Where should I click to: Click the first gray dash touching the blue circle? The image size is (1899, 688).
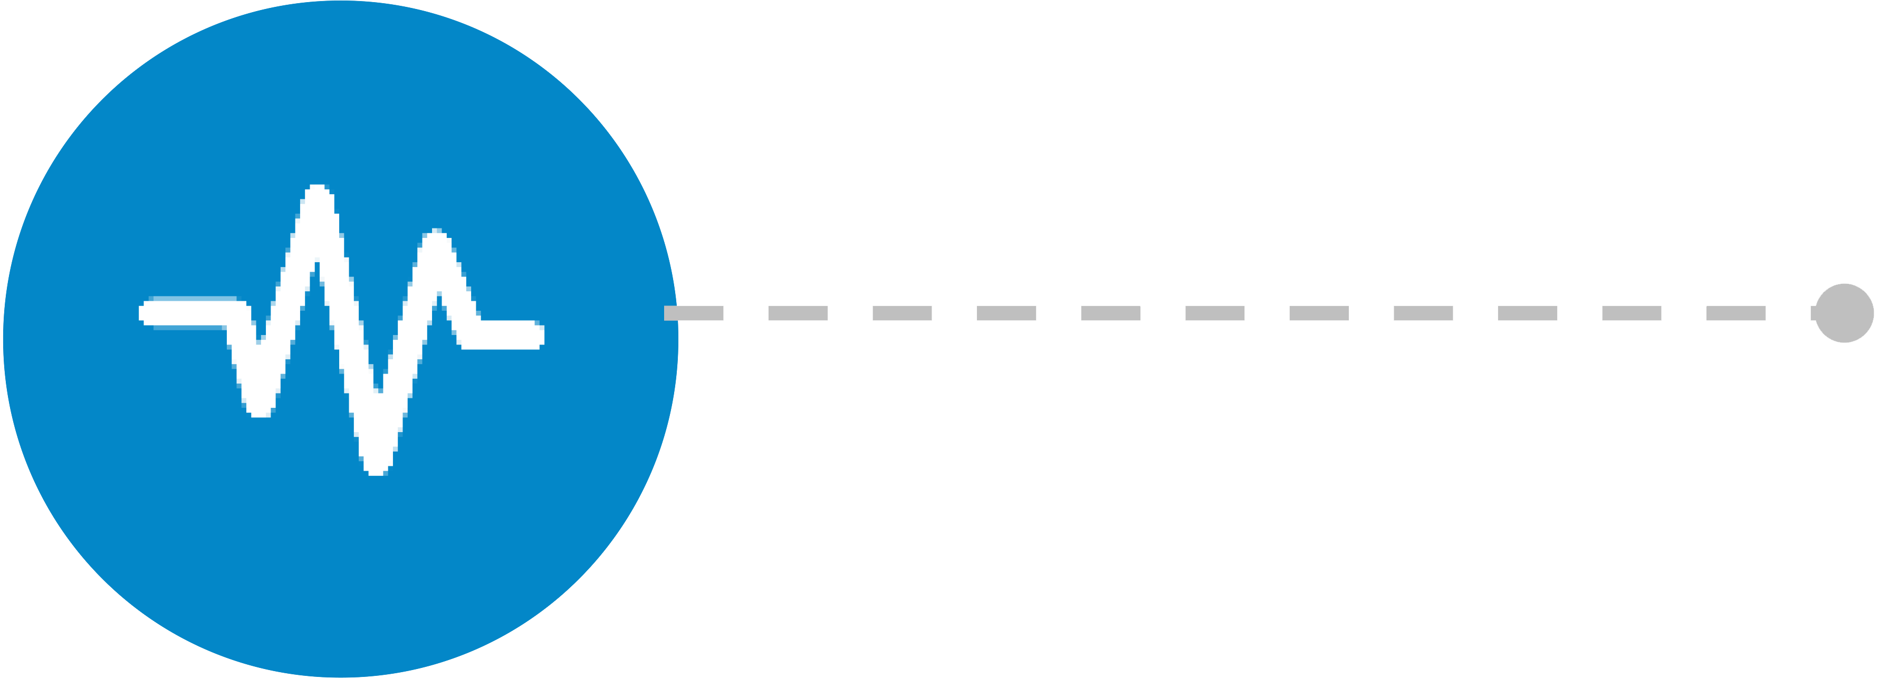coord(694,313)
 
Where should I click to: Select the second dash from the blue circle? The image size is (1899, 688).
coord(798,313)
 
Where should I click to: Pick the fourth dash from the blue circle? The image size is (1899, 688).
coord(1006,313)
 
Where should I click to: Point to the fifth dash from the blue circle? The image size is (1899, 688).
coord(1110,313)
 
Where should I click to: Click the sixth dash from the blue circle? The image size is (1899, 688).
coord(1215,313)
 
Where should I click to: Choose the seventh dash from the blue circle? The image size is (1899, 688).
coord(1319,313)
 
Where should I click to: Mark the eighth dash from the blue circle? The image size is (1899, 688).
coord(1423,313)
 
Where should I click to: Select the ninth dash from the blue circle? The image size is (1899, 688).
coord(1528,313)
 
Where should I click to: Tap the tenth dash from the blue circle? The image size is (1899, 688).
coord(1632,313)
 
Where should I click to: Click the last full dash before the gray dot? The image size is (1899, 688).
coord(1735,313)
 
